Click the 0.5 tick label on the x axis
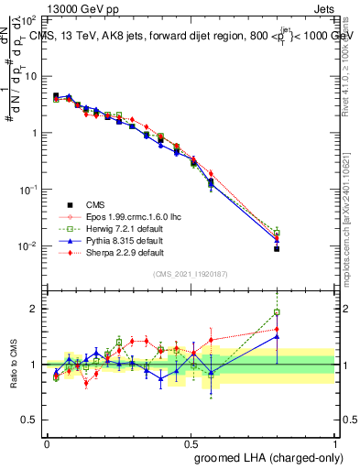pos(191,442)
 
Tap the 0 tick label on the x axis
pos(47,442)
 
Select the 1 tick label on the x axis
pos(334,442)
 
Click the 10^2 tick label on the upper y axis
pos(28,19)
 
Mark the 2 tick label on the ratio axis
pos(35,309)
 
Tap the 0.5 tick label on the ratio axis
pos(30,421)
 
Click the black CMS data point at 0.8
pos(277,248)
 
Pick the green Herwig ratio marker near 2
pos(277,312)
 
